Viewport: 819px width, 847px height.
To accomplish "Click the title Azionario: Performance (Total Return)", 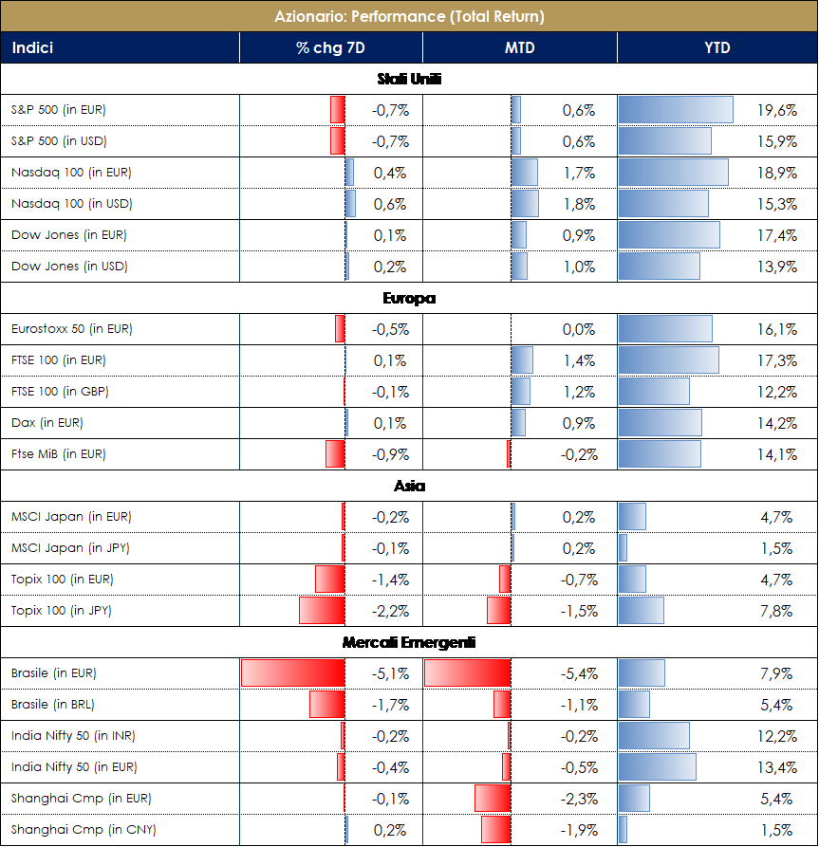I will (x=409, y=16).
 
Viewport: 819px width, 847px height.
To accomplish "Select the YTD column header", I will (x=717, y=48).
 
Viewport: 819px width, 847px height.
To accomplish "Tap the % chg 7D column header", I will (x=330, y=48).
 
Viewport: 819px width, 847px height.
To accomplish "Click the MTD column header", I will (x=519, y=48).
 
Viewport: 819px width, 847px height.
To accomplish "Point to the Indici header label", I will (x=32, y=48).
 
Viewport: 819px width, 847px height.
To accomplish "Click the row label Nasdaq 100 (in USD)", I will (x=72, y=204).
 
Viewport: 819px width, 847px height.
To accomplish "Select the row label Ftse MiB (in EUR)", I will (x=59, y=454).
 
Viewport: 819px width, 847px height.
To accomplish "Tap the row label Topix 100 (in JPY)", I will (x=62, y=611).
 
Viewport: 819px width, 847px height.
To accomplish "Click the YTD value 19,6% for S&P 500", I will (x=777, y=110).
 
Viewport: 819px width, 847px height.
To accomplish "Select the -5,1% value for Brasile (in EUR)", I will (x=389, y=673).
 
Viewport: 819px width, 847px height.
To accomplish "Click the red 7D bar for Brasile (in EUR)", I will (x=292, y=673).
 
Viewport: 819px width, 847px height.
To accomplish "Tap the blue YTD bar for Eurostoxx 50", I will (x=664, y=329).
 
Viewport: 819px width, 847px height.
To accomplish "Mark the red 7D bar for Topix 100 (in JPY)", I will (x=322, y=611).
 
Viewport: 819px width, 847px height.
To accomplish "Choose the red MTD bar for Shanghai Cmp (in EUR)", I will (x=493, y=799).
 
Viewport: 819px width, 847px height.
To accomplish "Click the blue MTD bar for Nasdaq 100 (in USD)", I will (x=525, y=204).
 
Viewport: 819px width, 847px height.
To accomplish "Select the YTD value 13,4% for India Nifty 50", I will (x=777, y=767).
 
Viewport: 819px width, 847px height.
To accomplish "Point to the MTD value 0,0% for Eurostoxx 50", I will (x=578, y=329).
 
